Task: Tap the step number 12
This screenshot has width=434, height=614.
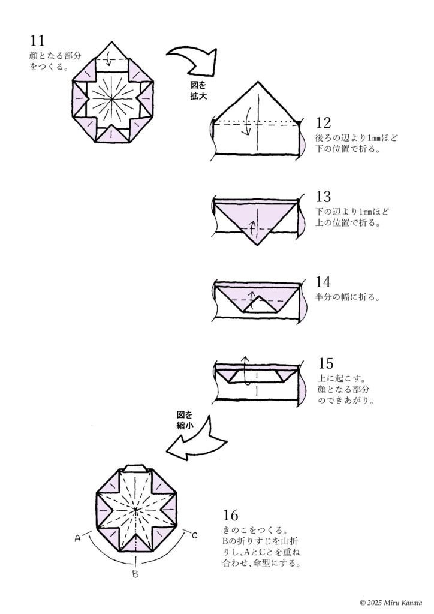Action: tap(323, 124)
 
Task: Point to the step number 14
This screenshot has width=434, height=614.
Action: tap(323, 282)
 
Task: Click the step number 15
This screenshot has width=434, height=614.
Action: tap(326, 363)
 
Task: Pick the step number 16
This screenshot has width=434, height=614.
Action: tap(230, 515)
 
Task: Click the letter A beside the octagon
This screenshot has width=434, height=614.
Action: tap(78, 538)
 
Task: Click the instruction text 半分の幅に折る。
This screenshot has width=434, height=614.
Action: tap(348, 297)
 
